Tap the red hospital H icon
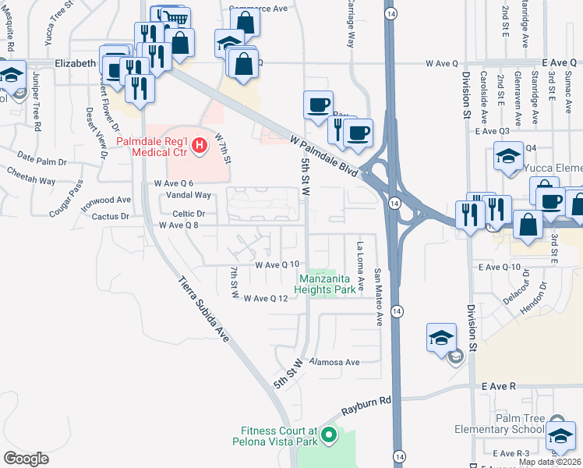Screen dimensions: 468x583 tap(200, 144)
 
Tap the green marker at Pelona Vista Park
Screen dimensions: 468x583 tap(329, 434)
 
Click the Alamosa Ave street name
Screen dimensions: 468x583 tap(334, 362)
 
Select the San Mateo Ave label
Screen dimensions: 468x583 tap(378, 286)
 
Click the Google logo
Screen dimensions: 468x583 tap(26, 458)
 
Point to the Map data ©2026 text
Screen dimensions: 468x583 tap(549, 462)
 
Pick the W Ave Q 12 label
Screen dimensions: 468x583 tap(271, 299)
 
